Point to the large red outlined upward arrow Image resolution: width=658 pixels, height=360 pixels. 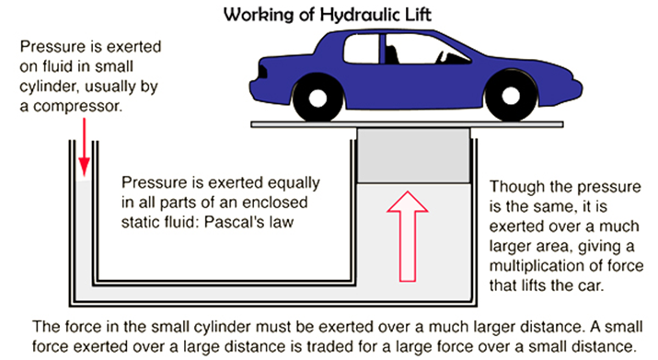(x=410, y=235)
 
